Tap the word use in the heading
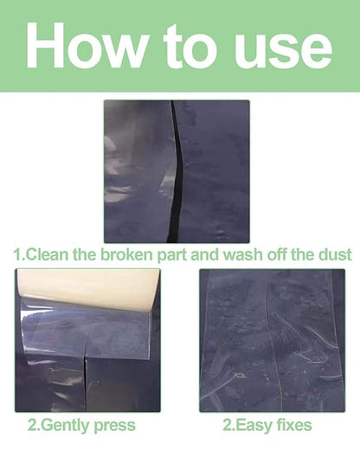tap(283, 49)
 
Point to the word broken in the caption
tap(125, 254)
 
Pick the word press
tap(115, 427)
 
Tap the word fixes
tap(294, 425)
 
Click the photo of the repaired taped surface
tap(272, 340)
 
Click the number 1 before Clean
tap(17, 255)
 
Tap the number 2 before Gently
tap(32, 425)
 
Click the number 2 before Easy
tap(228, 425)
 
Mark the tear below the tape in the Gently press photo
tap(85, 383)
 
